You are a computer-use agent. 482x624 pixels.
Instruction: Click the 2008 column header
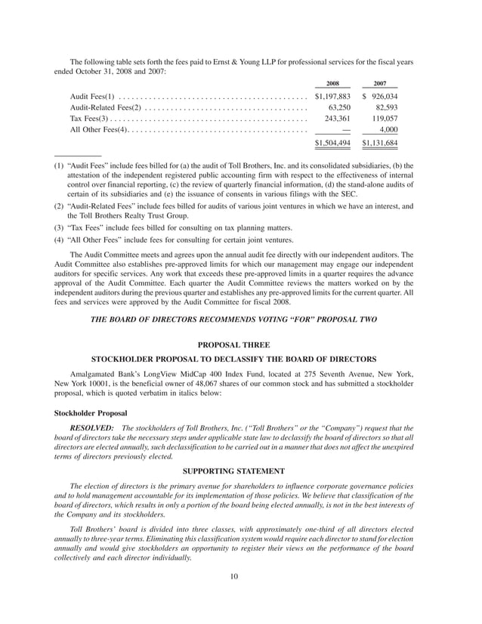click(x=332, y=84)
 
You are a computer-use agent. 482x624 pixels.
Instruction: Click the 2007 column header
click(x=380, y=84)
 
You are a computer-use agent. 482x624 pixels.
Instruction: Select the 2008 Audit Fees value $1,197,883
click(x=332, y=97)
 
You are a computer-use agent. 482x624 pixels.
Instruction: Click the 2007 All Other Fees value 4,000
click(x=388, y=130)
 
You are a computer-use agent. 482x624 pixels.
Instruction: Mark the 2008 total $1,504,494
click(x=332, y=143)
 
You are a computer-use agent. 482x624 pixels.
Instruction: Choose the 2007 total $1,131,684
click(x=380, y=143)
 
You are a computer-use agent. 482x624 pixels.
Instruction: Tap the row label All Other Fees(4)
click(x=98, y=130)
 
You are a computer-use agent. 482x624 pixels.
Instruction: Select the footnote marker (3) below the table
click(x=58, y=228)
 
